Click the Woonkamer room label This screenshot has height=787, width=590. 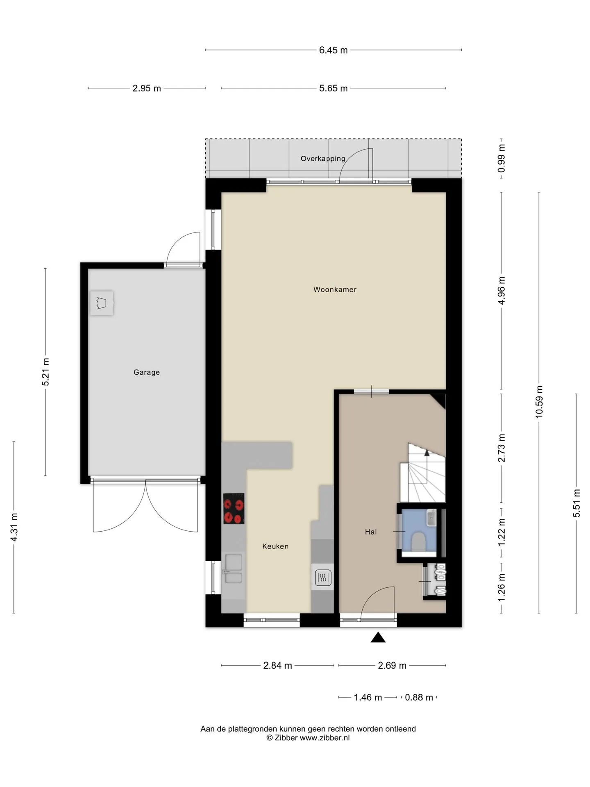pos(335,289)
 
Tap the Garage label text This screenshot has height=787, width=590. pos(147,372)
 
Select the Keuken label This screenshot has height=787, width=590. pos(275,546)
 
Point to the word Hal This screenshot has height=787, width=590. pos(371,532)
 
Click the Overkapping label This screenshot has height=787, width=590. pos(323,159)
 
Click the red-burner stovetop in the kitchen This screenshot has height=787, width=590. pos(234,508)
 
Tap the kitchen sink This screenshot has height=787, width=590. pos(234,569)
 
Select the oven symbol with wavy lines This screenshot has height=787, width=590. pos(323,578)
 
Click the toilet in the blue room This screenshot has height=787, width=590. pos(418,541)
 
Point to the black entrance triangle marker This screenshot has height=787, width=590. pos(378,637)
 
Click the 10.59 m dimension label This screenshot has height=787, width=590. pos(539,402)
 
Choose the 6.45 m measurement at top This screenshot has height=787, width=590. pos(334,50)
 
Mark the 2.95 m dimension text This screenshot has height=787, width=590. pos(147,88)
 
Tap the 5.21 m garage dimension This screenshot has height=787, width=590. pos(45,372)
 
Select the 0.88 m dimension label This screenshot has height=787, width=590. pos(419,697)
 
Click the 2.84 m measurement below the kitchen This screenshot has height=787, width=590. pos(277,665)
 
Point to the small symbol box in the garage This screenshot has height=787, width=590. pos(102,303)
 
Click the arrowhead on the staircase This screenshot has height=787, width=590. pos(427,453)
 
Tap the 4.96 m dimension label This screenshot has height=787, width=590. pos(501,290)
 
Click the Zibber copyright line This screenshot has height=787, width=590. pos(308,738)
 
